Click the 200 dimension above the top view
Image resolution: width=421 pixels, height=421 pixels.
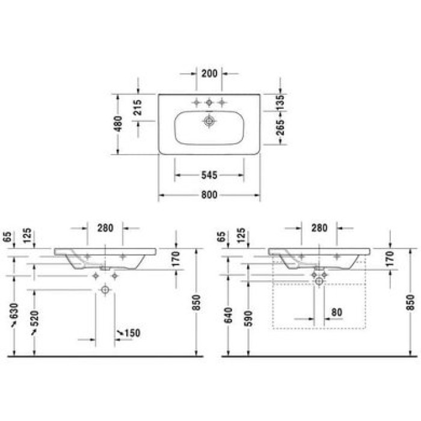[209, 73]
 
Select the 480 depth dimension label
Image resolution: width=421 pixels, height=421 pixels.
[118, 123]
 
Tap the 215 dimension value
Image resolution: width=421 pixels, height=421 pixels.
[138, 108]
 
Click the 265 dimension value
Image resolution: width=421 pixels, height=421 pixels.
[280, 128]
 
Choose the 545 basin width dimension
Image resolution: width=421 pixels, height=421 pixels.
[209, 175]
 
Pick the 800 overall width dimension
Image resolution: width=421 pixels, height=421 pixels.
[209, 195]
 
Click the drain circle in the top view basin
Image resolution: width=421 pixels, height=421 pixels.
[209, 121]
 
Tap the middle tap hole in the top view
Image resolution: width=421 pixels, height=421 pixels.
[209, 102]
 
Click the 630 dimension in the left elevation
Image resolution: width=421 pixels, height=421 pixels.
[14, 311]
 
